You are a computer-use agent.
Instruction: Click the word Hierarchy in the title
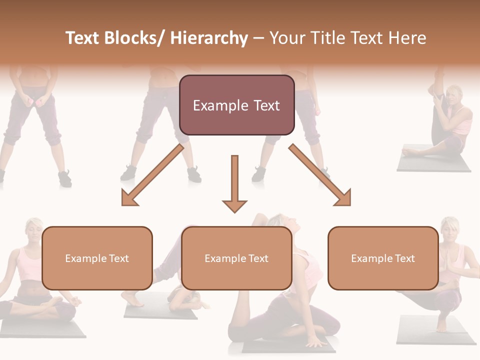(x=209, y=38)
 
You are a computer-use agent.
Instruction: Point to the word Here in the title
(x=408, y=38)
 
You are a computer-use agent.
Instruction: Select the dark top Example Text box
(x=236, y=105)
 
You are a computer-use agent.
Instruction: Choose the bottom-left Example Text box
(x=97, y=258)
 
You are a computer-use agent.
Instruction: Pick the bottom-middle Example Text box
(x=236, y=258)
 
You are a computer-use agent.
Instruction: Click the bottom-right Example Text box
(x=383, y=258)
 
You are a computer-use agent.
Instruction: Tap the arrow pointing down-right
(x=320, y=175)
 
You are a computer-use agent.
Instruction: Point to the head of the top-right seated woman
(x=454, y=95)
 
